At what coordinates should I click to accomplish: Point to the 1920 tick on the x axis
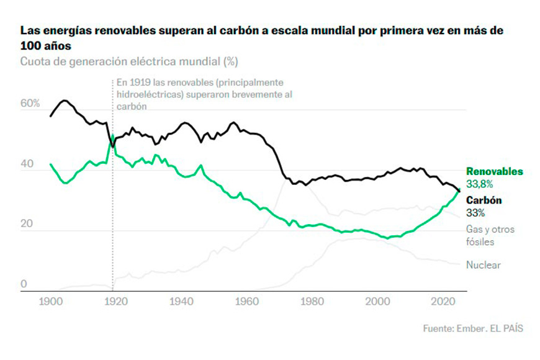113,302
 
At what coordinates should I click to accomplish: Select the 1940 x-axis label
178,302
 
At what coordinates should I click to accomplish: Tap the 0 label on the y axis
24,284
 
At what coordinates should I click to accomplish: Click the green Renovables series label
495,171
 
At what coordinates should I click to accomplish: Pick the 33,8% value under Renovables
480,184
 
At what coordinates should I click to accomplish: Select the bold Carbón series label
484,200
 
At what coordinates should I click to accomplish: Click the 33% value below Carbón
476,212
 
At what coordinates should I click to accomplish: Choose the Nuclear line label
484,265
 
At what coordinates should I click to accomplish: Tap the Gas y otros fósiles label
490,235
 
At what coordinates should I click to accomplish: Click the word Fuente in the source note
439,328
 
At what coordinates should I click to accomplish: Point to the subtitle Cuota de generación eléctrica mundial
129,61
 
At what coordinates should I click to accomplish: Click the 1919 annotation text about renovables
204,94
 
